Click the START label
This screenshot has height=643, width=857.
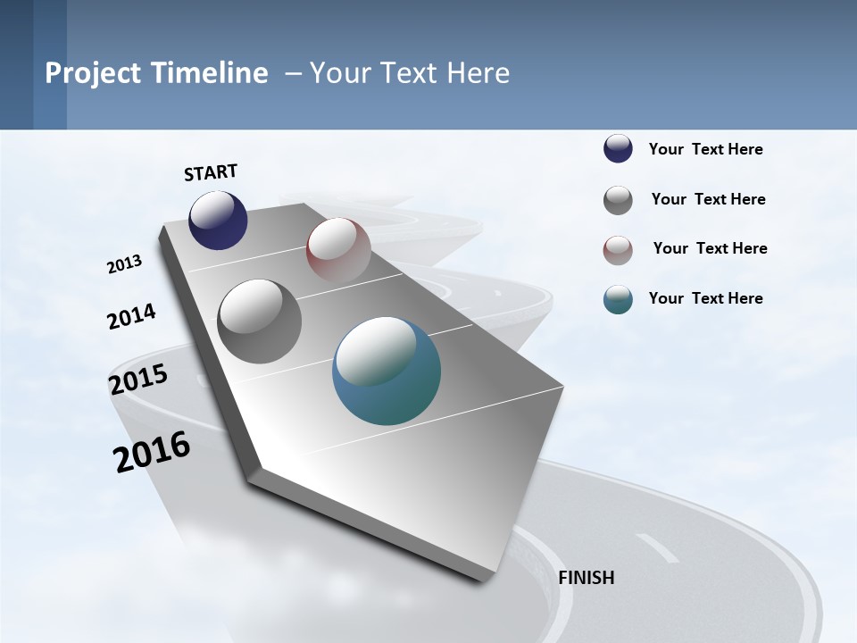coord(211,172)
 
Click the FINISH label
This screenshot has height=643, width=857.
coord(586,578)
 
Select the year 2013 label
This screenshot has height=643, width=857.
coord(124,264)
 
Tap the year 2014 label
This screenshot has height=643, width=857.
coord(131,316)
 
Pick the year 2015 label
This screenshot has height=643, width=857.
coord(137,380)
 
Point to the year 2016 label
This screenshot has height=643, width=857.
coord(152,452)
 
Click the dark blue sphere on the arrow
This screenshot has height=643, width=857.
coord(218,221)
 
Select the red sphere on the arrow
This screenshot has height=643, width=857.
coord(338,249)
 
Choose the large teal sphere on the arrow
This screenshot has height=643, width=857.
coord(387,371)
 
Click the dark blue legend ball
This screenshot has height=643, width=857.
coord(618,149)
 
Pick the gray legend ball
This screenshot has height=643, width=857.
coord(618,200)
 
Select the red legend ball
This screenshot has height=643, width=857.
coord(618,250)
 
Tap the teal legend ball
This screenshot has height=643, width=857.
coord(618,300)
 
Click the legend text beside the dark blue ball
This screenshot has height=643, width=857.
coord(705,149)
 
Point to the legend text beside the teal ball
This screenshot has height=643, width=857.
coord(705,298)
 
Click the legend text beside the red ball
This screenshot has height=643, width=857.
coord(710,248)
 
